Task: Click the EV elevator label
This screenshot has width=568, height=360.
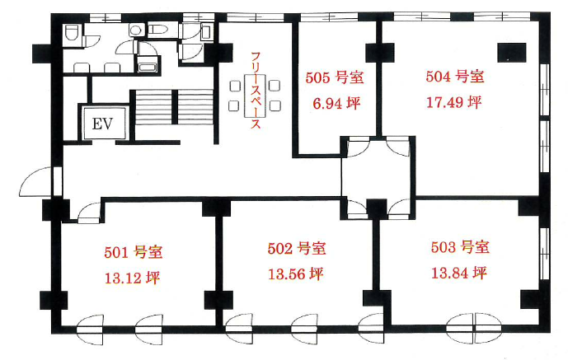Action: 102,124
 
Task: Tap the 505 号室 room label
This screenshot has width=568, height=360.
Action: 335,77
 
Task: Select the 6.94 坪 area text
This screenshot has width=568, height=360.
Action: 336,104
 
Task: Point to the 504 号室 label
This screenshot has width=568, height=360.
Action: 455,77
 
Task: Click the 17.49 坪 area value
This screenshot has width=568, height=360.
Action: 453,103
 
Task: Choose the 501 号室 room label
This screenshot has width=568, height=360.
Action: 134,252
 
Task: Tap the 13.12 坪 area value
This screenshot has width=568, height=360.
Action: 132,278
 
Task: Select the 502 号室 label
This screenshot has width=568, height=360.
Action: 297,248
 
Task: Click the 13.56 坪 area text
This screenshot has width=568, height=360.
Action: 296,274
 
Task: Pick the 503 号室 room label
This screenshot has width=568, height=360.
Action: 460,247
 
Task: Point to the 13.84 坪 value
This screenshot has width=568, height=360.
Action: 458,273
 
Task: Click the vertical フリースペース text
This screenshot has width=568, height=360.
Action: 256,91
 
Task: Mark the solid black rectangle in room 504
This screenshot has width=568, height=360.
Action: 511,53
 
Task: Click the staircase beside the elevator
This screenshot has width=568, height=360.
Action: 172,107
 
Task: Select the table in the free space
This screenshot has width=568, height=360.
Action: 255,96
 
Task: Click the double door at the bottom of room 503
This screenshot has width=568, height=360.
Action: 474,329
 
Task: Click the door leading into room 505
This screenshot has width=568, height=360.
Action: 358,147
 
